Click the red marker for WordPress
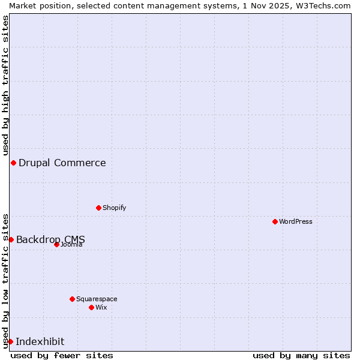275,221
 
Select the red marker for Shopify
98,208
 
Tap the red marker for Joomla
56,244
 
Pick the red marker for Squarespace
72,299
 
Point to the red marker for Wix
91,307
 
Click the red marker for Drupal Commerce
13,163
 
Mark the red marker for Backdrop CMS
11,239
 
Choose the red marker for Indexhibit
10,341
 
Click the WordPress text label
296,221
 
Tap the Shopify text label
114,208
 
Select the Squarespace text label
97,299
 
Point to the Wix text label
101,307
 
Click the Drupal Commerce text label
62,163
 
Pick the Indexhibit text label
40,341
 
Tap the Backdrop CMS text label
50,239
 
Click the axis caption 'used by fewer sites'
62,355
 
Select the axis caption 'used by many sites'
301,355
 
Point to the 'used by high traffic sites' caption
5,85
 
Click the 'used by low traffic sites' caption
5,280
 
